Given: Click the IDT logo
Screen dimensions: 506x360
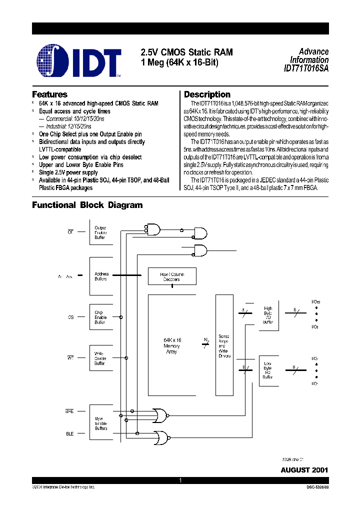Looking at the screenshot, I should coord(79,61).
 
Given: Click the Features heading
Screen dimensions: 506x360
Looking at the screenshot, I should coord(49,94).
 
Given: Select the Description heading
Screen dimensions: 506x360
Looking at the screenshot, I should coord(207,94).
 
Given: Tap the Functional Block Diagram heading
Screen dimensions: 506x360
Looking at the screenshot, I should coord(87,205).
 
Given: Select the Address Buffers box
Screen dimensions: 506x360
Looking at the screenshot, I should coord(101,276).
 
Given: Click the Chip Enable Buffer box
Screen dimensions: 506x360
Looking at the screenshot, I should coord(100,317).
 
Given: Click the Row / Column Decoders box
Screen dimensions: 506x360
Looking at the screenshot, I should coord(171,276).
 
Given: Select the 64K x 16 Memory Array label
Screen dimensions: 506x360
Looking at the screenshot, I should coord(172,345).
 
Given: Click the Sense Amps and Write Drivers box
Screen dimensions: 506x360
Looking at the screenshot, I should coord(224,345).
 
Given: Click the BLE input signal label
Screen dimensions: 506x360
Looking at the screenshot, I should coord(69,433).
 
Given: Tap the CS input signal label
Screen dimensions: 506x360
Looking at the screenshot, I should coord(70,317).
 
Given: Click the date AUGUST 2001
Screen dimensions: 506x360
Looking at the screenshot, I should coord(304,470).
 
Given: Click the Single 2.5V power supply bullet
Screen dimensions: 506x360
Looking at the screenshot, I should coord(68,172).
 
